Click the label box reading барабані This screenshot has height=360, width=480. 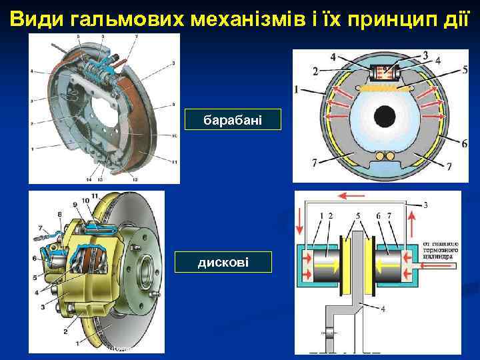tap(233, 120)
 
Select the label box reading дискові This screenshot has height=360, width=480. tap(223, 262)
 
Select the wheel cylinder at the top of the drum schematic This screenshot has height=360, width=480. tap(386, 69)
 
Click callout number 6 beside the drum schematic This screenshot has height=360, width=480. tap(464, 143)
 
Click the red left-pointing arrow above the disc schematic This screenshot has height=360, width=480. tap(353, 195)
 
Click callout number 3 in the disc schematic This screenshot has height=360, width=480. tap(425, 204)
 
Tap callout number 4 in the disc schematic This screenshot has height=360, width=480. tap(383, 308)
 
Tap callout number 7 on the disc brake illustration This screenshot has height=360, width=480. tap(40, 228)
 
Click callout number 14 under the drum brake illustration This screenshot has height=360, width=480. tap(89, 179)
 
